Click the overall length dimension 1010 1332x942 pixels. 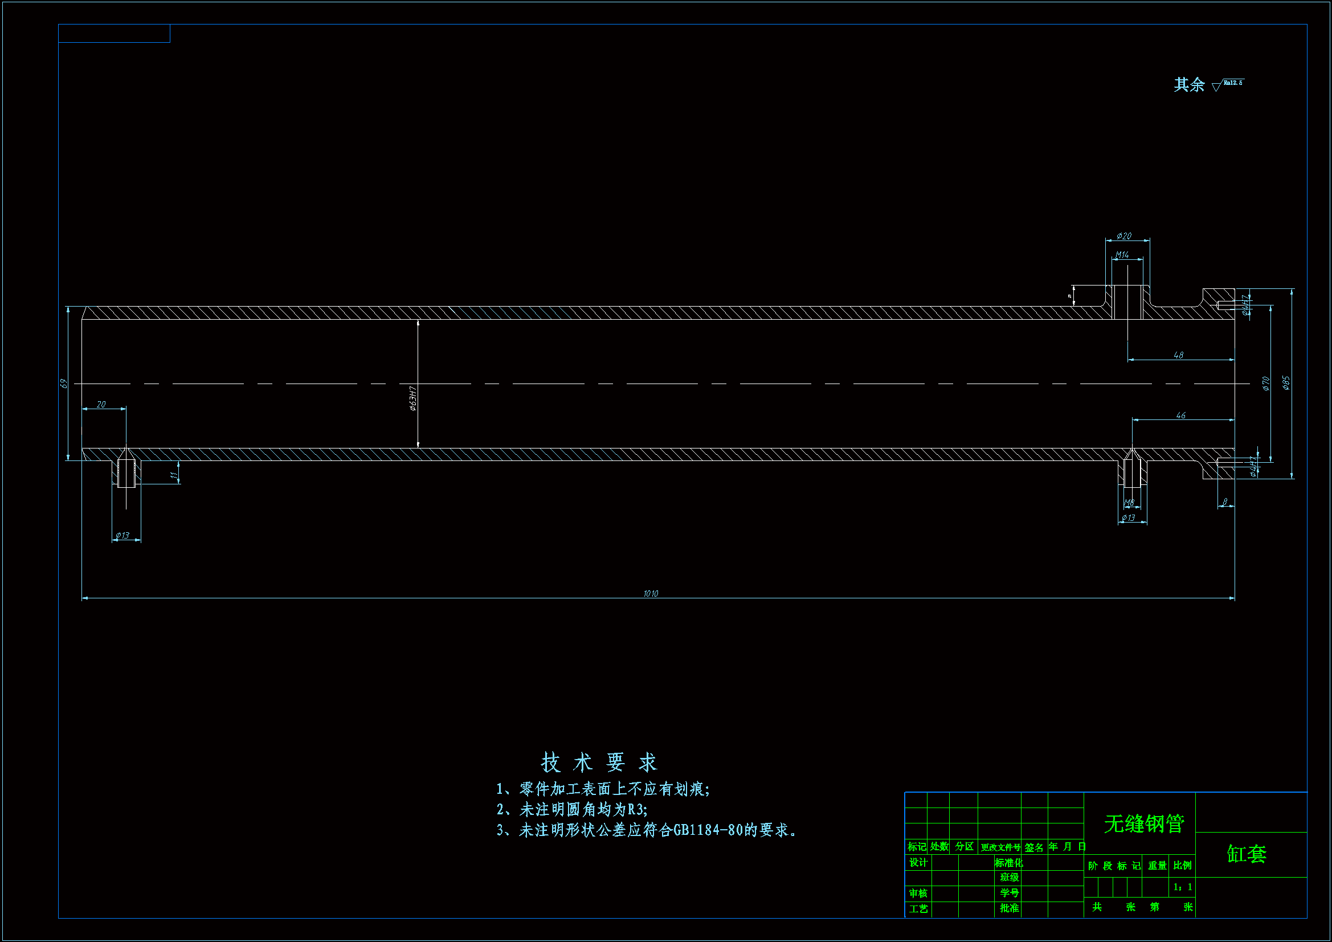tap(651, 593)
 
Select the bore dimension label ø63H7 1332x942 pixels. tap(412, 398)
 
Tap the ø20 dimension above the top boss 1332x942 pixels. tap(1123, 236)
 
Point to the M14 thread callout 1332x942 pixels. tap(1122, 255)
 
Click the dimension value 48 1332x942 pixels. tap(1178, 354)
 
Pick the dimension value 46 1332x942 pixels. tap(1180, 415)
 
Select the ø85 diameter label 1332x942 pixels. tap(1286, 383)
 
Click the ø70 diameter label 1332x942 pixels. tap(1266, 384)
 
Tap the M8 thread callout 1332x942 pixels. tap(1129, 503)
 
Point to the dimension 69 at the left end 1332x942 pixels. tap(64, 384)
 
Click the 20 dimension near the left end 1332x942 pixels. tap(101, 404)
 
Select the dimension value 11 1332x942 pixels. tap(173, 475)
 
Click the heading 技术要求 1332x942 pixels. tap(599, 762)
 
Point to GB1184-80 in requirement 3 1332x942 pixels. tap(708, 830)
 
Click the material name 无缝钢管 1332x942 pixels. tap(1143, 823)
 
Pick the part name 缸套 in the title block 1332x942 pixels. tap(1247, 854)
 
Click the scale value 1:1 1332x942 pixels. tap(1182, 887)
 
